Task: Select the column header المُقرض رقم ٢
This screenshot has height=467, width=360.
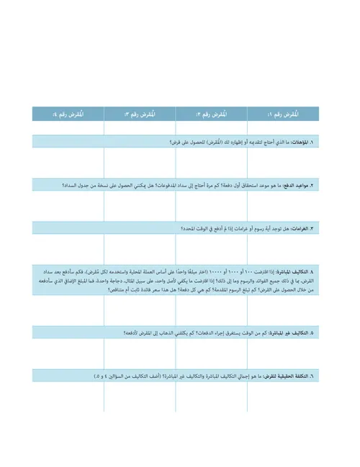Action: click(212, 114)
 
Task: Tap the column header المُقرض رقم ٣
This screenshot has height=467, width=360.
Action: click(140, 114)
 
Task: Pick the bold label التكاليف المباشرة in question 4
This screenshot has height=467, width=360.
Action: click(303, 271)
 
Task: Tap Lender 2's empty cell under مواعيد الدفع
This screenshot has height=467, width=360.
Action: click(212, 206)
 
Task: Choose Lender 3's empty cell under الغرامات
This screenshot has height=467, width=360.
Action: click(140, 249)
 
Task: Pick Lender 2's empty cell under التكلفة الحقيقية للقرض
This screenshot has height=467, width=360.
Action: click(212, 397)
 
